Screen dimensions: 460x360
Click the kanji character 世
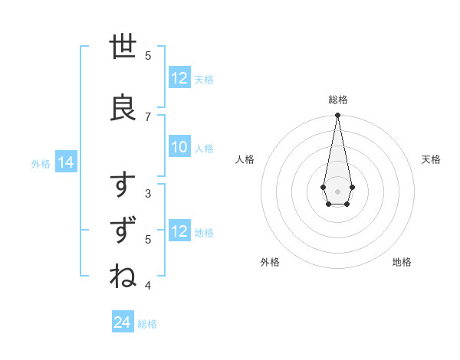pyautogui.click(x=123, y=48)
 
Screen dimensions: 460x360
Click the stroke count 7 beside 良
pyautogui.click(x=148, y=116)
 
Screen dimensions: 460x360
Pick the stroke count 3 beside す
pyautogui.click(x=148, y=193)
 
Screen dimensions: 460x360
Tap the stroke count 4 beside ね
pyautogui.click(x=148, y=286)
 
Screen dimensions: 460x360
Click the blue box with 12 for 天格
pyautogui.click(x=179, y=78)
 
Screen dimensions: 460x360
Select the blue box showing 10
pyautogui.click(x=179, y=147)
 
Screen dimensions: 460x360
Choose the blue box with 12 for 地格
pyautogui.click(x=179, y=231)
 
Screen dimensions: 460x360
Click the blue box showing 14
pyautogui.click(x=65, y=162)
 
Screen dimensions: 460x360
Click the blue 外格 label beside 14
pyautogui.click(x=41, y=163)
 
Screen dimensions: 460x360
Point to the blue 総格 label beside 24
pyautogui.click(x=148, y=324)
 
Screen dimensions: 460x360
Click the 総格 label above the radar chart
pyautogui.click(x=337, y=100)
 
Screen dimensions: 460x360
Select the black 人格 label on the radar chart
pyautogui.click(x=245, y=159)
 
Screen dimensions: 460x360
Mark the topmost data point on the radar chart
pyautogui.click(x=337, y=116)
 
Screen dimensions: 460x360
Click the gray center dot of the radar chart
pyautogui.click(x=337, y=190)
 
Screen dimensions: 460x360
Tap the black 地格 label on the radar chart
pyautogui.click(x=402, y=262)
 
